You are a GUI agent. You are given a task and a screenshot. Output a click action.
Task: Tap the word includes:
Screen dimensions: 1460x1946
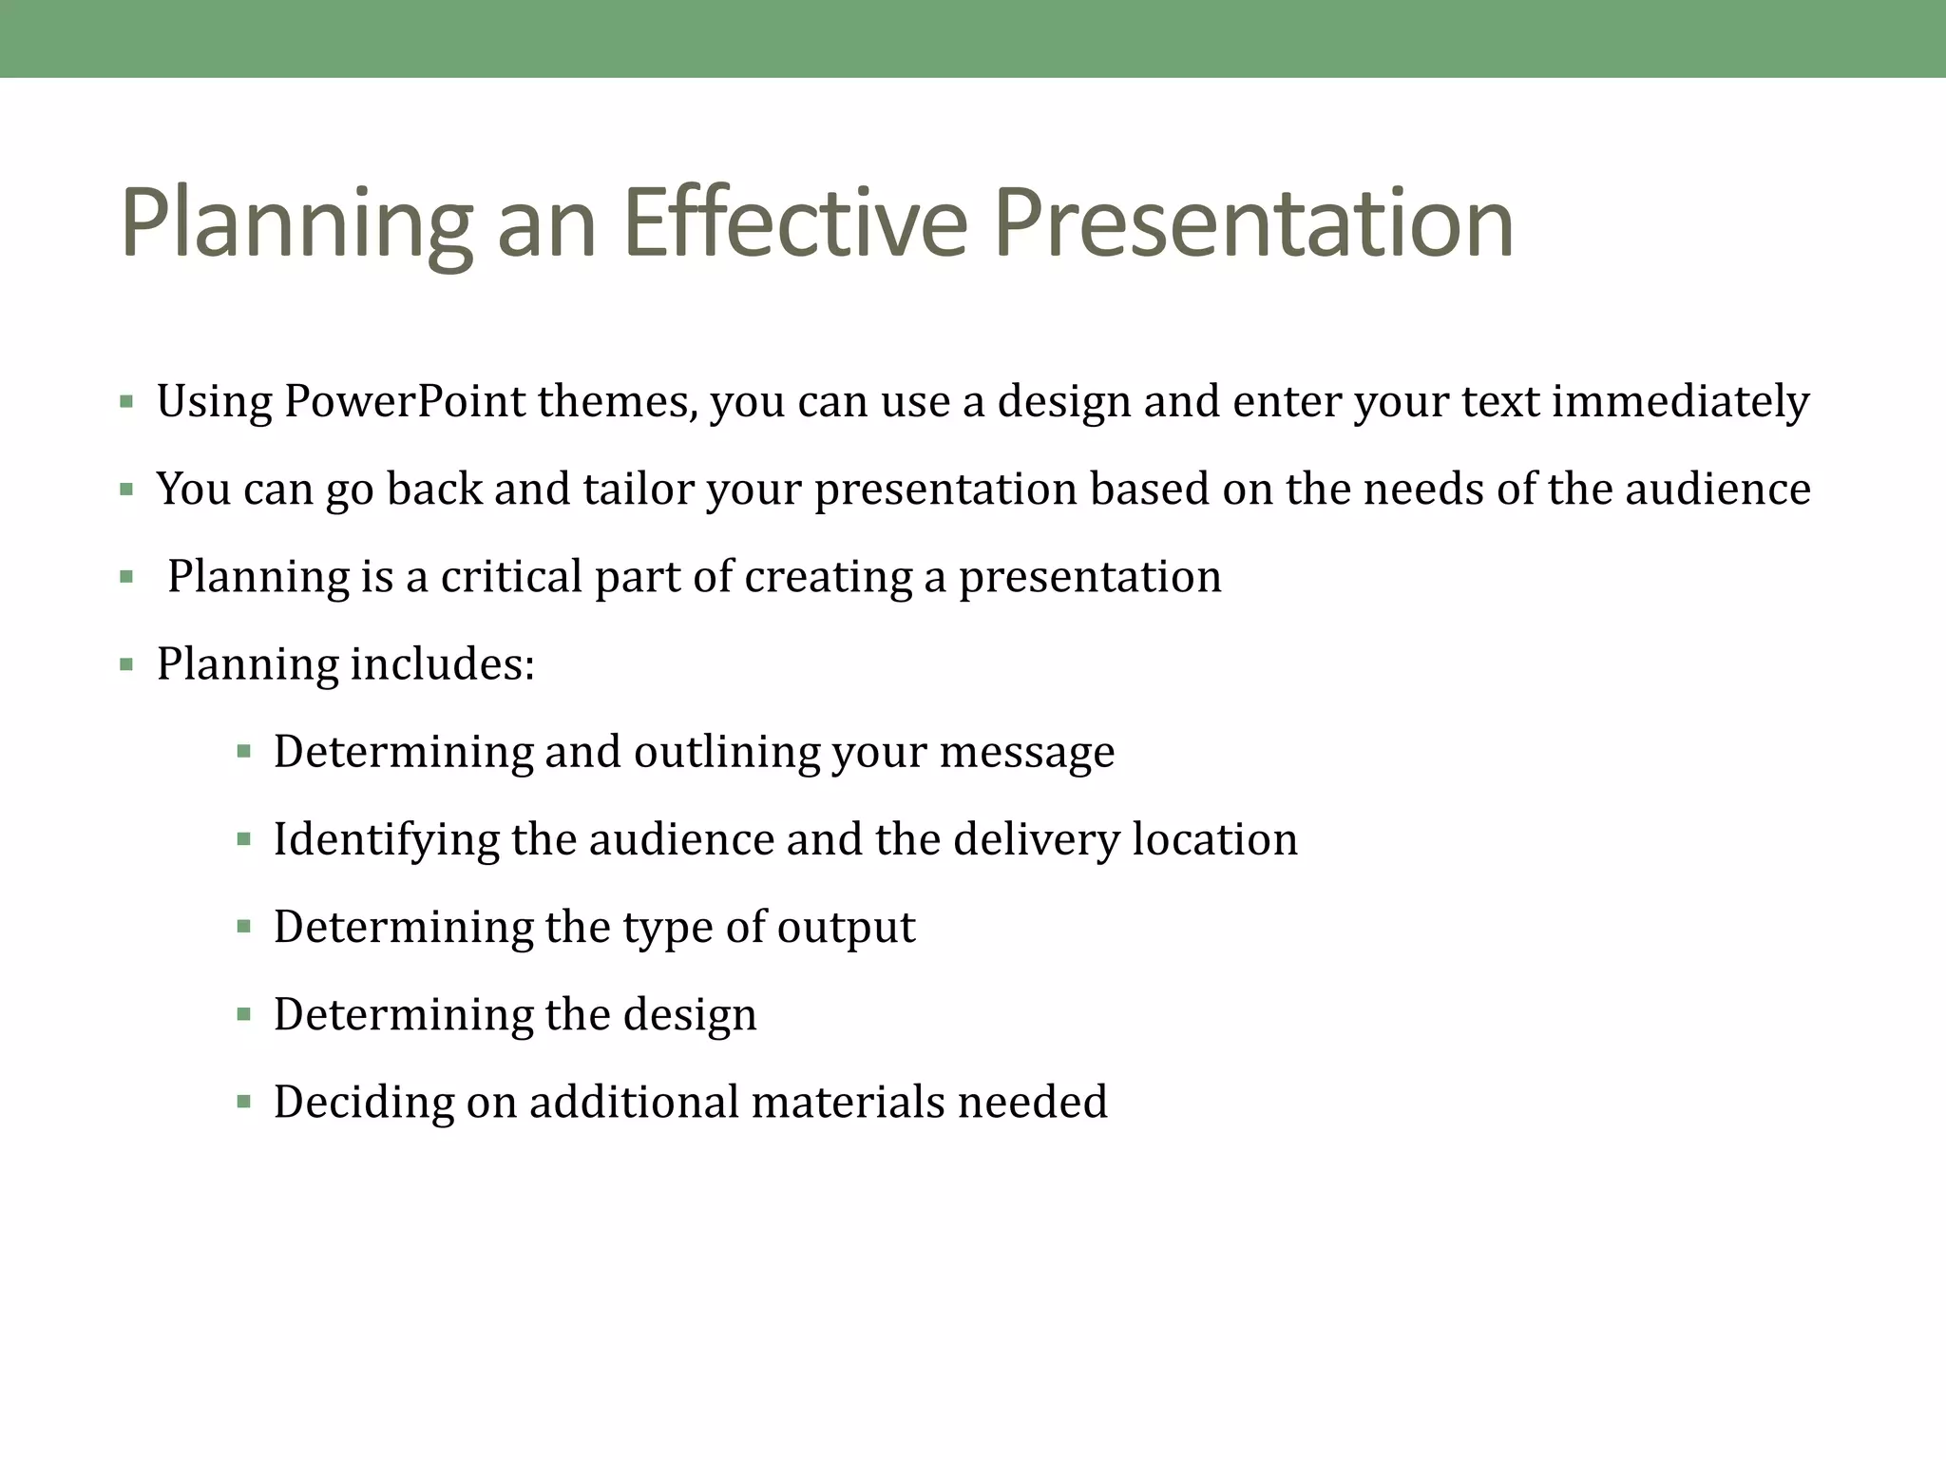click(442, 664)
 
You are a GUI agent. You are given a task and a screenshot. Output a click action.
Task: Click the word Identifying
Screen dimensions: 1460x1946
click(386, 840)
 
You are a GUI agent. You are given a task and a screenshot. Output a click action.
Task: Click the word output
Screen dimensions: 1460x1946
click(846, 928)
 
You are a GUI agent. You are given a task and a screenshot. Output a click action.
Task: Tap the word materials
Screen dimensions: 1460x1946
click(848, 1103)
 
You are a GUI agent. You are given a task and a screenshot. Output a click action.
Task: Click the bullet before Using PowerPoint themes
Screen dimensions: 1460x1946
click(126, 402)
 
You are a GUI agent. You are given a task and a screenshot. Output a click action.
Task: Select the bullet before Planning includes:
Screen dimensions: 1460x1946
click(126, 664)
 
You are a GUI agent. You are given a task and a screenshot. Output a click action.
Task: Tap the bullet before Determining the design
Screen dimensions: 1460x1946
click(243, 1015)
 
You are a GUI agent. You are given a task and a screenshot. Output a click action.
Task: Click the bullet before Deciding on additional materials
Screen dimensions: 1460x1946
click(243, 1103)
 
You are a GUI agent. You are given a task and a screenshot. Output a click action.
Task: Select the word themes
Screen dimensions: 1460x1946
click(618, 402)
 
